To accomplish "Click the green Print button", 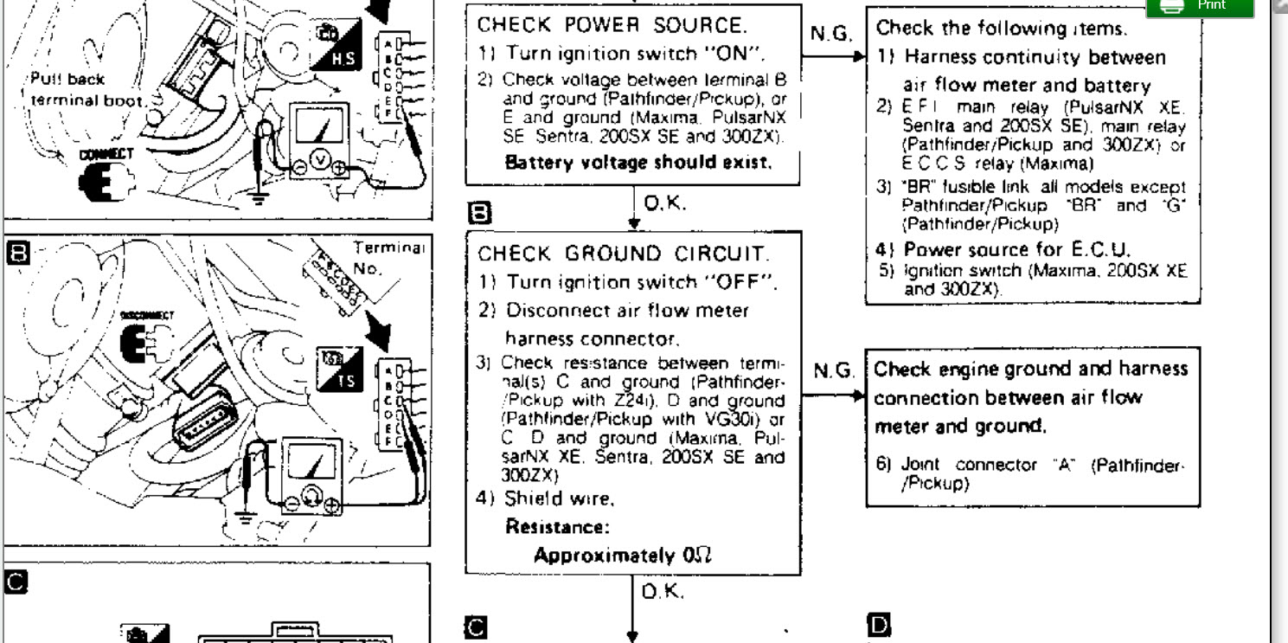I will (x=1199, y=7).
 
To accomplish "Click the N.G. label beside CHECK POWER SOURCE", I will (x=830, y=35).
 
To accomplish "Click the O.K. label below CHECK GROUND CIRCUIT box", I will (x=663, y=592).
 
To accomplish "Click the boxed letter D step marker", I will (x=875, y=624).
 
